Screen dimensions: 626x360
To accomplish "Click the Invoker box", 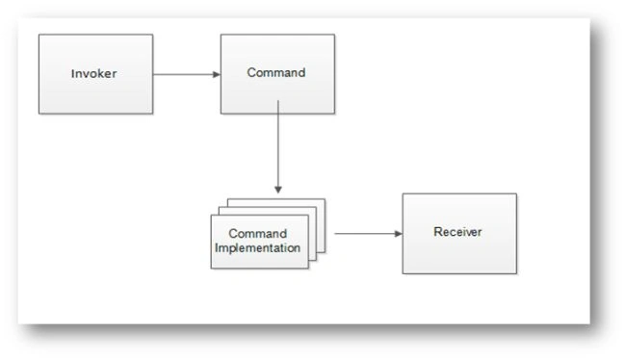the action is [x=95, y=74].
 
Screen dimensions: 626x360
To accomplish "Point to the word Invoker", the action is [x=93, y=73].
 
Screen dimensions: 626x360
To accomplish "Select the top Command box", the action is [x=277, y=74].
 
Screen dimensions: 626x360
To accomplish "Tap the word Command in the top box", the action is [x=276, y=72].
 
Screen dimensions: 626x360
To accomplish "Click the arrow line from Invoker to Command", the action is [x=187, y=74].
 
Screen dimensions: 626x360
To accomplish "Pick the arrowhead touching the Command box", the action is [x=217, y=74].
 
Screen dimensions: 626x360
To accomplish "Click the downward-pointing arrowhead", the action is [x=278, y=190].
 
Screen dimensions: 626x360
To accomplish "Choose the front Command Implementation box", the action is [x=259, y=242].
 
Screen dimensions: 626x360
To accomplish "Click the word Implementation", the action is [x=257, y=247].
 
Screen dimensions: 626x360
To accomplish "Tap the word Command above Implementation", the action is [x=257, y=234].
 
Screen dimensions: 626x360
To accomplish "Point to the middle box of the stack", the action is [x=312, y=234].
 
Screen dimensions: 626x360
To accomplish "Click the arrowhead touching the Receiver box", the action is [x=399, y=234].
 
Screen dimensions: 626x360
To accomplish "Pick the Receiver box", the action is [x=459, y=234].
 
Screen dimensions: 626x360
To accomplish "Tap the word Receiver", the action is [x=457, y=232].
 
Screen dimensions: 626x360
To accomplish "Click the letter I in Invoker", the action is [x=72, y=73].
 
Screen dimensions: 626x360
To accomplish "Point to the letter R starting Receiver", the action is [x=437, y=232].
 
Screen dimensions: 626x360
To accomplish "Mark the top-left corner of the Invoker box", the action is [x=39, y=35].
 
